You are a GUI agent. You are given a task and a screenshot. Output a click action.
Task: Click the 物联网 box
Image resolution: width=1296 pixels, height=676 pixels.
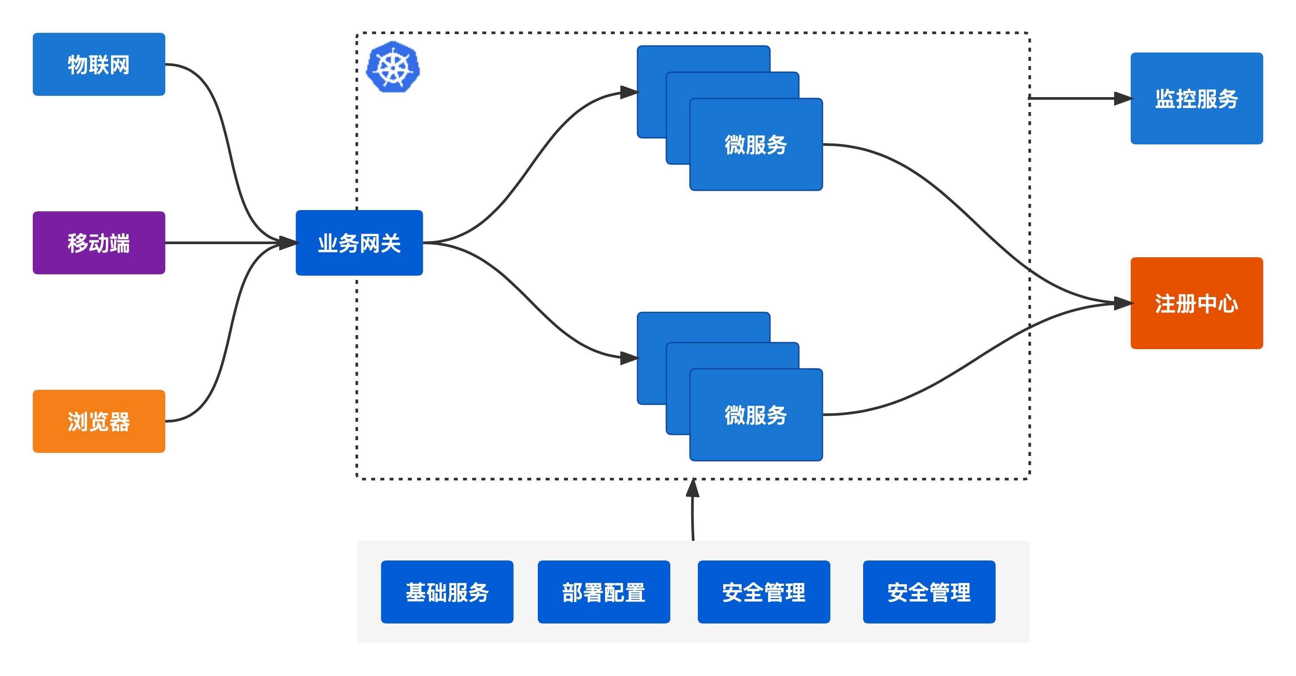[99, 64]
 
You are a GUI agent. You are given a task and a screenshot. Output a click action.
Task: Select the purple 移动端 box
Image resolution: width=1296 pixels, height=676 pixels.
[99, 242]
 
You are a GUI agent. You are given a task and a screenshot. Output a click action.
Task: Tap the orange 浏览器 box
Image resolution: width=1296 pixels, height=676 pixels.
[99, 421]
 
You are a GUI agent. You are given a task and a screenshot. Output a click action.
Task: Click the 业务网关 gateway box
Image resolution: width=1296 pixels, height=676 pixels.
[359, 242]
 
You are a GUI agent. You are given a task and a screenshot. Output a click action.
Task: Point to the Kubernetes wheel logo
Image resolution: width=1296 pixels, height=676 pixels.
[394, 67]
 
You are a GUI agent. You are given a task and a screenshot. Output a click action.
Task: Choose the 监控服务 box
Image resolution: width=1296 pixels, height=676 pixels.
[1196, 98]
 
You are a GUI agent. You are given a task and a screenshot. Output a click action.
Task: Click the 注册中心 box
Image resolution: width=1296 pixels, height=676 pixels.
[1196, 303]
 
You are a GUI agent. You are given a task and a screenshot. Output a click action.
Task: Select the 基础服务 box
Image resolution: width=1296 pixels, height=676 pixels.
[447, 592]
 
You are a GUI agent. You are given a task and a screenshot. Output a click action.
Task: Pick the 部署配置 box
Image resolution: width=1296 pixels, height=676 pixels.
[604, 592]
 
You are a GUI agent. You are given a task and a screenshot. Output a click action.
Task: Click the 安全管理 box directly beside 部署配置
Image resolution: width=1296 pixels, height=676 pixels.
[764, 592]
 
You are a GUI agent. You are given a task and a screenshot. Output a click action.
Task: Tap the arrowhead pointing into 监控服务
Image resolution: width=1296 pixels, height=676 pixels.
[1123, 98]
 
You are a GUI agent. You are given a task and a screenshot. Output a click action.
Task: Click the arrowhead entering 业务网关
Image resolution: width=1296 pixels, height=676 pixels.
[288, 243]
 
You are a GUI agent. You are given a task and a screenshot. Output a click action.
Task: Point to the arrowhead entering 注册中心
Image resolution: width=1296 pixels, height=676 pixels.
[1123, 303]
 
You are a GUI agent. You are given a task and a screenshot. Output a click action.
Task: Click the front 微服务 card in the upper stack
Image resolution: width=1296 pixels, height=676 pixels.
[756, 144]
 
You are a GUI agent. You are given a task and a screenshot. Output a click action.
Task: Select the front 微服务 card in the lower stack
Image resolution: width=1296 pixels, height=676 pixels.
[756, 415]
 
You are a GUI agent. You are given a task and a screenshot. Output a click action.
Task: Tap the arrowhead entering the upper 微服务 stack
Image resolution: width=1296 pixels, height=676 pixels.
[629, 93]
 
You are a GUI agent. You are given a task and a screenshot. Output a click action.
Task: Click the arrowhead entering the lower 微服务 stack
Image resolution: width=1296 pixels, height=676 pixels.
[629, 358]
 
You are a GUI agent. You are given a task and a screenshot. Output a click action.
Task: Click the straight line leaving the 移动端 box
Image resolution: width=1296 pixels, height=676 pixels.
[221, 242]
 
